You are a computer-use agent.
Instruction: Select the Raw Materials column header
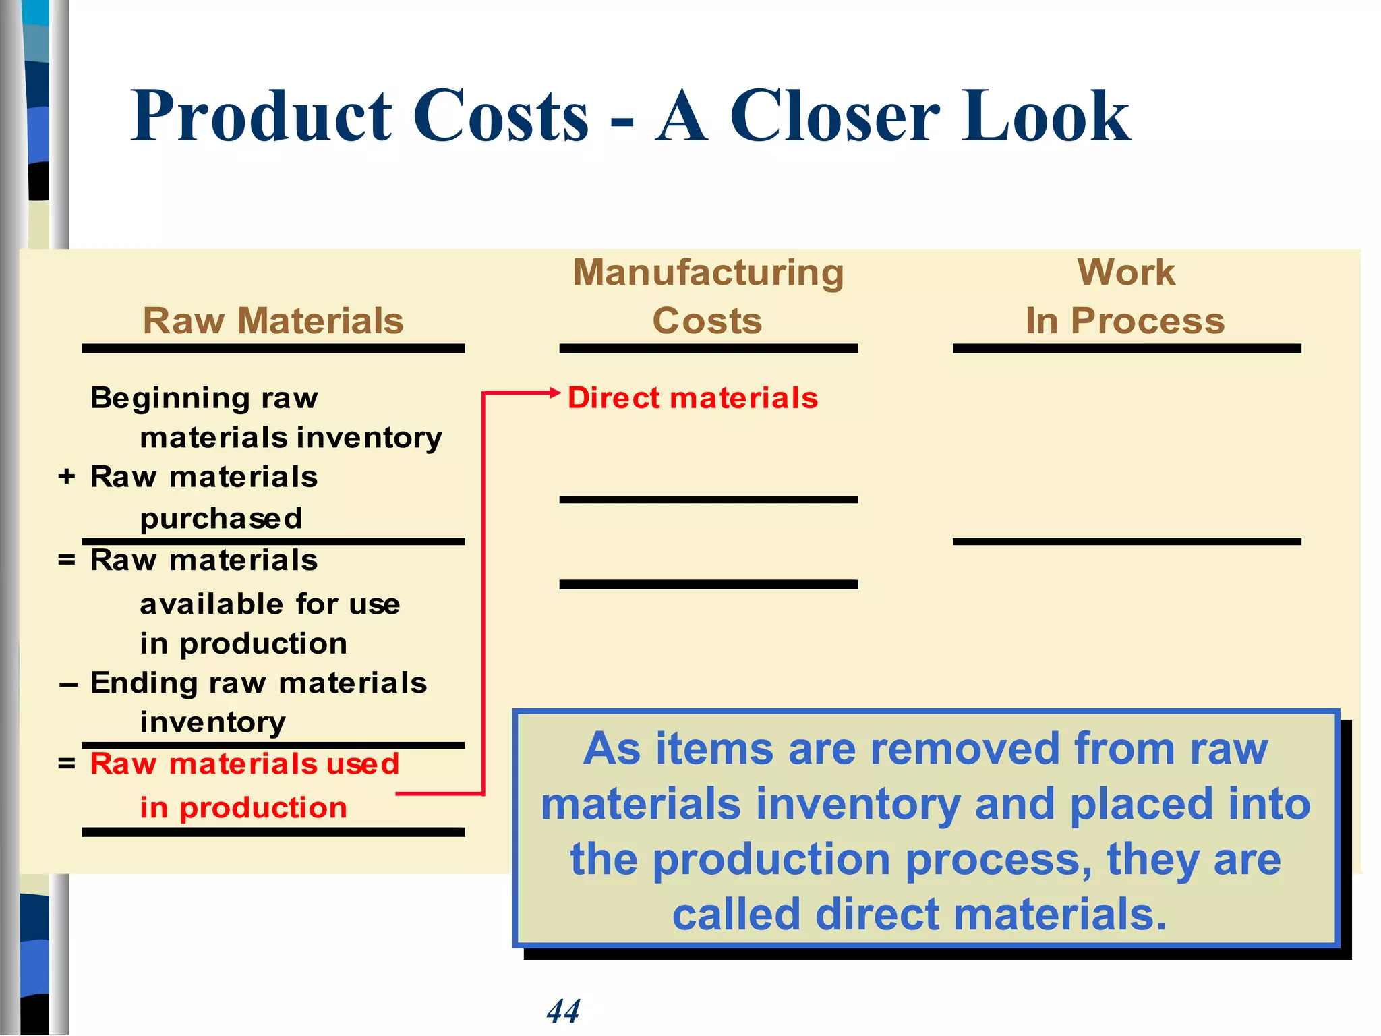pos(273,320)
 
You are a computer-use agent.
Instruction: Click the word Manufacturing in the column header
pos(708,272)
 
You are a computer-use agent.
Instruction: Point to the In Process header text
pos(1125,320)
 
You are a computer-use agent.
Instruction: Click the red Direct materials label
pos(693,398)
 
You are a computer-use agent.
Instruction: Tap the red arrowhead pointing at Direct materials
pos(555,393)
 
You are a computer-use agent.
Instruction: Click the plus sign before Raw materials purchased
pos(66,476)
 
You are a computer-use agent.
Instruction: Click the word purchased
pos(221,519)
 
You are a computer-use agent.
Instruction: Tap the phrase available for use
pos(270,604)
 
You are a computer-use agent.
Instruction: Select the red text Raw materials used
pos(245,764)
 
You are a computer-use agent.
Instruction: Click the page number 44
pos(563,1011)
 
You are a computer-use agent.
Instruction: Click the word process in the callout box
pos(997,860)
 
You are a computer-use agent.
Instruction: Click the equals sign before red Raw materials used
pos(66,764)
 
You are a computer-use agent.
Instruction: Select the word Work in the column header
pos(1125,272)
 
